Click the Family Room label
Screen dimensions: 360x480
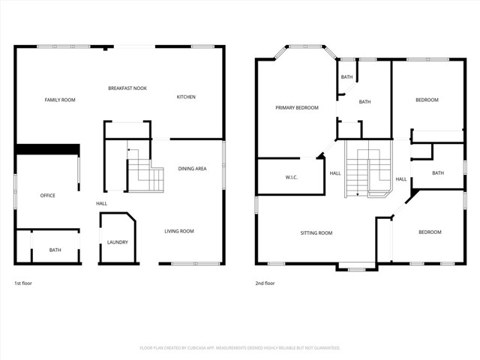tap(60, 100)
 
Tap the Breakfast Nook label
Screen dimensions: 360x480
tap(127, 88)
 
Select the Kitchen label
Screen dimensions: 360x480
tap(186, 97)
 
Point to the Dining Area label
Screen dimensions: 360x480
tap(192, 169)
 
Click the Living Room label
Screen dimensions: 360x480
tap(179, 231)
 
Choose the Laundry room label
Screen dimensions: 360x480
tap(117, 242)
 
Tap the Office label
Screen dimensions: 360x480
tap(47, 196)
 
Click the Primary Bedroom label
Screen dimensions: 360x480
tap(297, 108)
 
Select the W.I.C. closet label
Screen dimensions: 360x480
tap(292, 178)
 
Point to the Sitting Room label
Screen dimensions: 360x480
tap(316, 233)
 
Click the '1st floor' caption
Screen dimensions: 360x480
tap(23, 283)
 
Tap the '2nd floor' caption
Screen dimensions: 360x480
tap(265, 283)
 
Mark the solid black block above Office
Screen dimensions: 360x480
tap(47, 150)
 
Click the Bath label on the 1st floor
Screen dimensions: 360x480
tap(55, 250)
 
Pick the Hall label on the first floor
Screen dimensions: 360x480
tap(101, 204)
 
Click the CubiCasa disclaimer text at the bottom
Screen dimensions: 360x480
tap(240, 348)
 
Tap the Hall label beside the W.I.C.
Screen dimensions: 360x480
tap(335, 174)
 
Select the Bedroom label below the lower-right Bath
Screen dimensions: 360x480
tap(430, 232)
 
